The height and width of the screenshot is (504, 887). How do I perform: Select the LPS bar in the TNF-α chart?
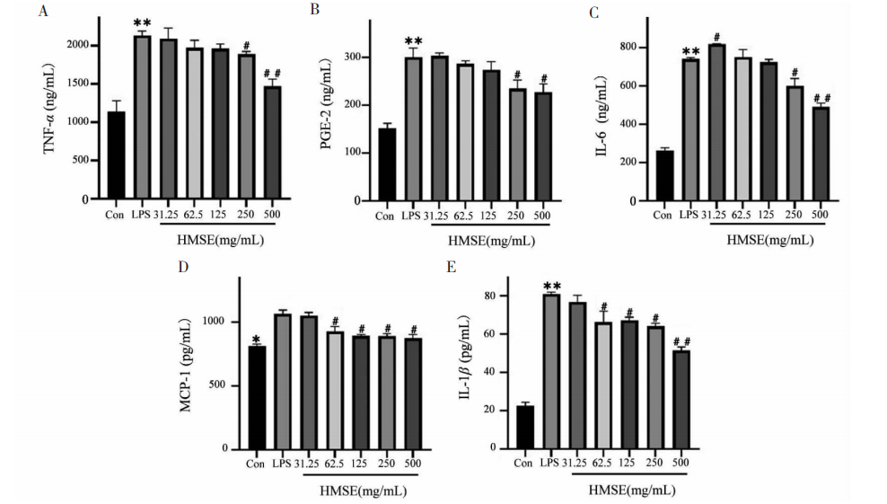click(141, 118)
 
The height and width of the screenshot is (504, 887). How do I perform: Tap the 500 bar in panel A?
click(273, 143)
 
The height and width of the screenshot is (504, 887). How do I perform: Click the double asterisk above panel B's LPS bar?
click(414, 41)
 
